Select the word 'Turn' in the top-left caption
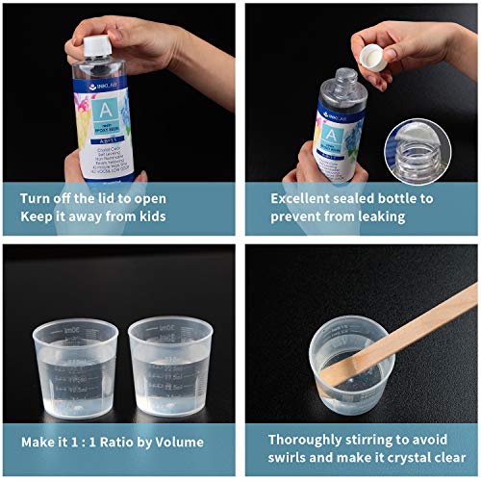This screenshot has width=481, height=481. coord(37,198)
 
